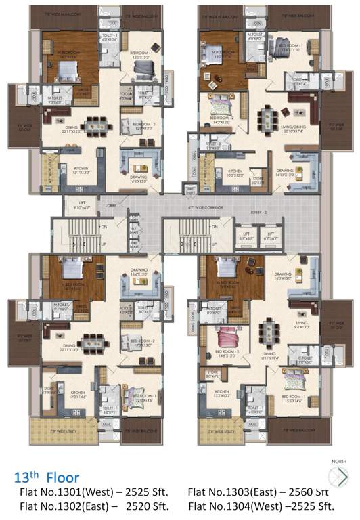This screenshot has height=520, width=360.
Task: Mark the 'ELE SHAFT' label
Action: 134,230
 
